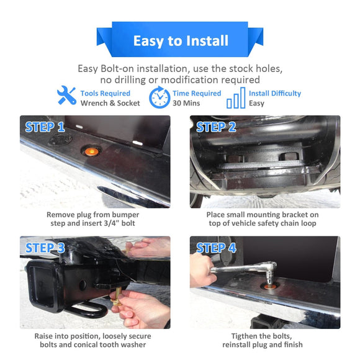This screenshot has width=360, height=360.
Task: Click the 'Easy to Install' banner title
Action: (x=181, y=41)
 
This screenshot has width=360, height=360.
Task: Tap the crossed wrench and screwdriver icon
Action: (x=66, y=96)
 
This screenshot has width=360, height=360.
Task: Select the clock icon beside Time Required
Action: (x=160, y=97)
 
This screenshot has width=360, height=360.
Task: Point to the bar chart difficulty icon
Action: (x=236, y=98)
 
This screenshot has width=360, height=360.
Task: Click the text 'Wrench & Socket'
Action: (x=110, y=103)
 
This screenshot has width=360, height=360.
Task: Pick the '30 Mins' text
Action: (x=186, y=103)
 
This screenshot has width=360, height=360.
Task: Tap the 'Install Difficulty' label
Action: (x=275, y=93)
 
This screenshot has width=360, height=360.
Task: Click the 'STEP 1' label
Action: (x=45, y=127)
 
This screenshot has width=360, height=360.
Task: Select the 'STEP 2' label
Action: (x=216, y=127)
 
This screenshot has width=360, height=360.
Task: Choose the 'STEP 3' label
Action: (x=45, y=248)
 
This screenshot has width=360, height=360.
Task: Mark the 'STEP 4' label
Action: (x=216, y=248)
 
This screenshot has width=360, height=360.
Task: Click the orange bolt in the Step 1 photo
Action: (x=91, y=151)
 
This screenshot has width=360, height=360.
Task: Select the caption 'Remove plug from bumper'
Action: (x=92, y=215)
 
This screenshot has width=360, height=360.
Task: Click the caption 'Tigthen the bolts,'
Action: (x=261, y=336)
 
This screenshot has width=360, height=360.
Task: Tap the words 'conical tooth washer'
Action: (x=110, y=344)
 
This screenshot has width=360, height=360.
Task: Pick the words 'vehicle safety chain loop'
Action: (x=272, y=223)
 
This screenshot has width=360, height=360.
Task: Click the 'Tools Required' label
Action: (x=105, y=93)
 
